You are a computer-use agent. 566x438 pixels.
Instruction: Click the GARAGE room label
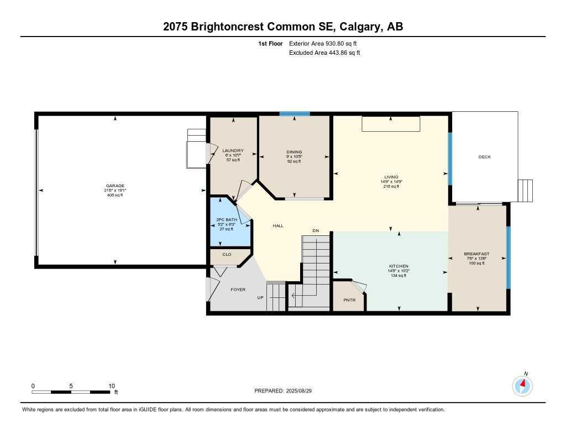pos(115,186)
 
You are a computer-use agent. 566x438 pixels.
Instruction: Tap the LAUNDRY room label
pos(233,151)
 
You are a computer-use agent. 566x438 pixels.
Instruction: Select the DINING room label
pos(294,152)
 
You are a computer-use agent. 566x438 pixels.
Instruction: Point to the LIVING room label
pos(391,177)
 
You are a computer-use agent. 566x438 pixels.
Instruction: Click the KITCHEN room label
pos(399,266)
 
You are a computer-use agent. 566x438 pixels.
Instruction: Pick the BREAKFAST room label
pos(476,254)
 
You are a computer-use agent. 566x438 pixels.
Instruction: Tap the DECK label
pos(484,157)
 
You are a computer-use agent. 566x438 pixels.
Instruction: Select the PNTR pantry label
pos(349,300)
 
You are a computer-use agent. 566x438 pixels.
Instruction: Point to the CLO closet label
pos(227,254)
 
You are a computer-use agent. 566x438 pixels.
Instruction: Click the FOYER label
pos(238,290)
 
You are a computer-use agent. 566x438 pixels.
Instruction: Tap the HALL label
pos(279,226)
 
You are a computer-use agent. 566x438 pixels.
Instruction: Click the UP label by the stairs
pos(260,298)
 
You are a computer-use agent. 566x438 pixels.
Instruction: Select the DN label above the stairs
pos(316,231)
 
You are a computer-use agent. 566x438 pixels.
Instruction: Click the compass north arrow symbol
pos(522,385)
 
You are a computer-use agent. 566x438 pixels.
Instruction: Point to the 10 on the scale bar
pos(111,386)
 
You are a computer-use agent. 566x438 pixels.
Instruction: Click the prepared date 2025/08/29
pos(302,391)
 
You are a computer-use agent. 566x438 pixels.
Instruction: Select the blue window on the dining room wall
pos(294,114)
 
